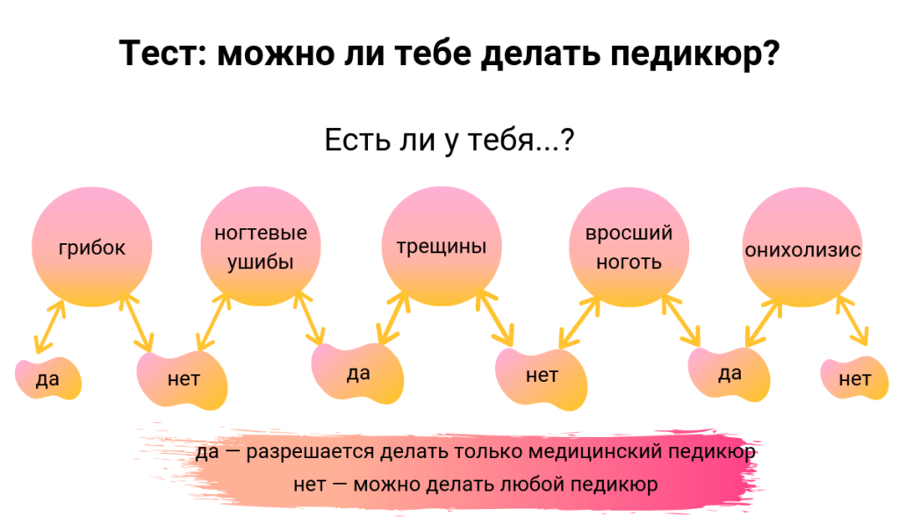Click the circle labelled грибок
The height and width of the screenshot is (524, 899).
pos(92,248)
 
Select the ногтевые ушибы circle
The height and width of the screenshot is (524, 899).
pos(261,248)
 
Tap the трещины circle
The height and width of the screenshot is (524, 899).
pos(442,248)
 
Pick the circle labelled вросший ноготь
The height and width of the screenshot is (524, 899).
pos(629,248)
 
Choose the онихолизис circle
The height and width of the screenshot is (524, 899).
pos(802,248)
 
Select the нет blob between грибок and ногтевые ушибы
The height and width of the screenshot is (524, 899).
pos(183,380)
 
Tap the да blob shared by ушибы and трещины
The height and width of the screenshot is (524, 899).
pos(358,374)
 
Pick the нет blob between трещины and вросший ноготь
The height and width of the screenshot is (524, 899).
pos(542,377)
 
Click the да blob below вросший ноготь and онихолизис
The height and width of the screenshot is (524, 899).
pos(730,374)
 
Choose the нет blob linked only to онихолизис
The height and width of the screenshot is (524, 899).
pos(854,379)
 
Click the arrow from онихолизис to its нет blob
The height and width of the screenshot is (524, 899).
pos(852,321)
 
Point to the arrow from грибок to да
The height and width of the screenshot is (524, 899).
pos(49,327)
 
